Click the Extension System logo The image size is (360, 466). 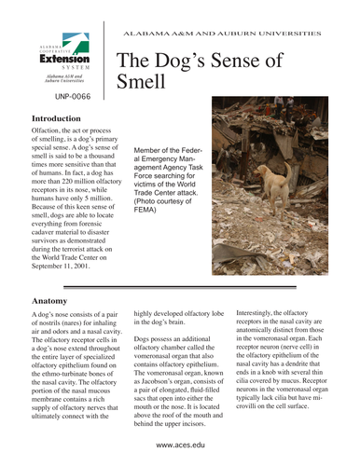click(63, 57)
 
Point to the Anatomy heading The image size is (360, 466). click(48, 302)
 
